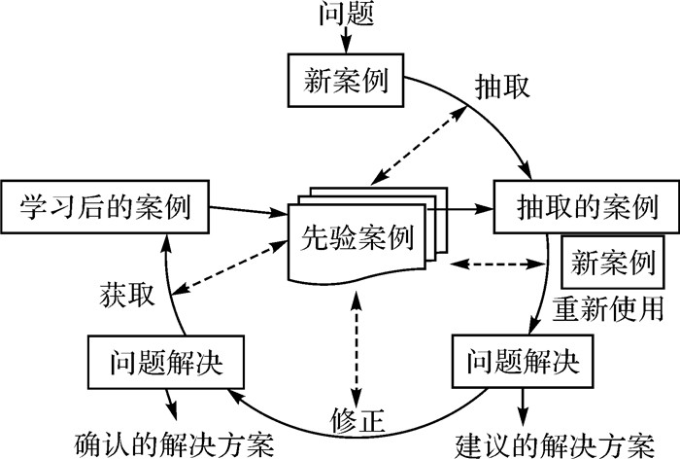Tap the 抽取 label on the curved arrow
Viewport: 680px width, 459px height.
[x=501, y=85]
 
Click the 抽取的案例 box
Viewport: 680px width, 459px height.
[x=576, y=207]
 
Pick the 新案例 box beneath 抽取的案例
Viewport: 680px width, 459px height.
[x=613, y=263]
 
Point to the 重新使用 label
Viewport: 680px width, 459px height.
[x=609, y=308]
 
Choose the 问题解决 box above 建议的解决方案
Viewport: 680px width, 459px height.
[x=516, y=362]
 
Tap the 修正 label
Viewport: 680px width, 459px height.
[x=358, y=420]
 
